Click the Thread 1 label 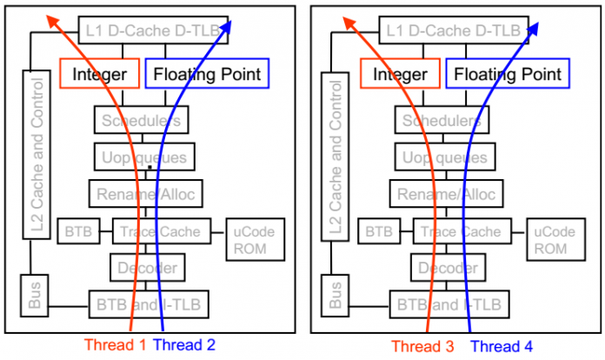tap(116, 344)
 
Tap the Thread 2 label tap(184, 344)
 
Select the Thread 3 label tap(422, 345)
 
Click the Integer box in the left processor tap(97, 74)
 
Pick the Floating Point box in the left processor tap(206, 74)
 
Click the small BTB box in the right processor tap(377, 232)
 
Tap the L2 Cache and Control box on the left tap(36, 157)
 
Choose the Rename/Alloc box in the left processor tap(145, 193)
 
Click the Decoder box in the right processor tap(447, 268)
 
